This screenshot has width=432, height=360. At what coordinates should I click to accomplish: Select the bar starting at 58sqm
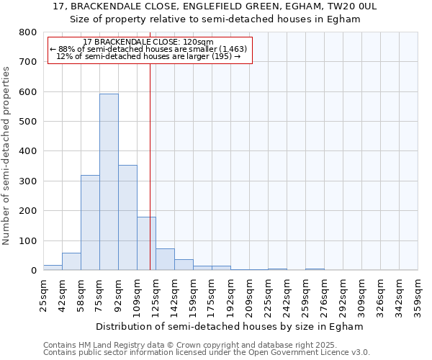[90, 222]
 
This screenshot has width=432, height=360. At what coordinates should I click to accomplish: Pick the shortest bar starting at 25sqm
[53, 268]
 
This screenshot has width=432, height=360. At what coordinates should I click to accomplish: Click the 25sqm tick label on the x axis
[44, 294]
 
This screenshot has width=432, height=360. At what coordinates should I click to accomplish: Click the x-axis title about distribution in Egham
[229, 326]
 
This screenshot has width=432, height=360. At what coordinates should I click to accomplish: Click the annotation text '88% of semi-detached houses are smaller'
[148, 49]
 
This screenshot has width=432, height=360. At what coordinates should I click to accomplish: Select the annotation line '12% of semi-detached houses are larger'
[148, 56]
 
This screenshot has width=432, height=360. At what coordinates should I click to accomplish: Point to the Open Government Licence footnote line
[207, 353]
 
